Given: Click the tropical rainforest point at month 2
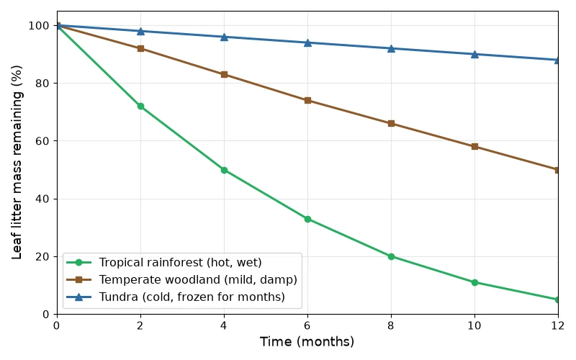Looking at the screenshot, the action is pos(140,106).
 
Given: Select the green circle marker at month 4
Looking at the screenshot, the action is pos(224,170).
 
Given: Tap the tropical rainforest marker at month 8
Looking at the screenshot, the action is pos(391,256).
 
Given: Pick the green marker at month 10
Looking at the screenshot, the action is pos(474,282).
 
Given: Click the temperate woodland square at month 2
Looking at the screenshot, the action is pos(140,48).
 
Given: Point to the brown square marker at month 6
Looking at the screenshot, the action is pos(308,100).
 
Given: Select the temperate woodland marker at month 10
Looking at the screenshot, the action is pos(474,147).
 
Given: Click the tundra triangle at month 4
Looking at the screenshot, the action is pos(224,37).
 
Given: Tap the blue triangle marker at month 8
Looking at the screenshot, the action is pos(391,48).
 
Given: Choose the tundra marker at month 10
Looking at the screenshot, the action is pos(474,55).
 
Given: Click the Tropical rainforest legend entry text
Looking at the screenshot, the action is pos(181,263).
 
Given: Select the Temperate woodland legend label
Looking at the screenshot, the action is pos(198,280).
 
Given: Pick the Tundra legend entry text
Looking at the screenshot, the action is pos(192,297).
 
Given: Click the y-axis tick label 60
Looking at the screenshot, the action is pos(42,141).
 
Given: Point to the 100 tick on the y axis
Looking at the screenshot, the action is pos(39,26).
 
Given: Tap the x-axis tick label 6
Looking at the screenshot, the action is pos(307,325).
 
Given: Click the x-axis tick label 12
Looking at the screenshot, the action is pos(557,325).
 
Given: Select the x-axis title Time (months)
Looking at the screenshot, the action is pos(307,341).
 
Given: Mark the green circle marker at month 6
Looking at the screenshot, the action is pos(308,219).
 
